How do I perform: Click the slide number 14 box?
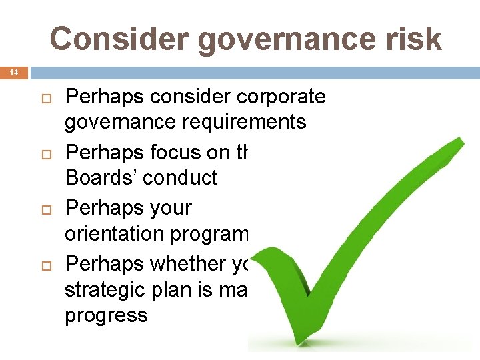coord(13,71)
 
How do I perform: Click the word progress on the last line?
coord(106,315)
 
